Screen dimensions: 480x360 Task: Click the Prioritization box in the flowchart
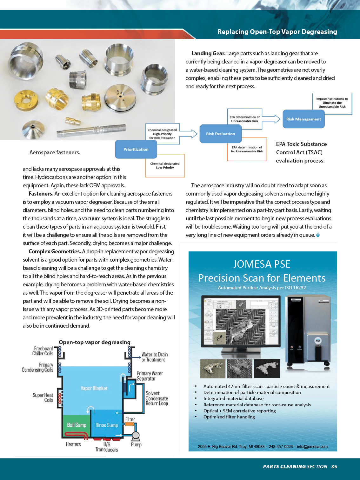(x=136, y=149)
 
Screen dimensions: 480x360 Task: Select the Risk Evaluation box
(x=220, y=134)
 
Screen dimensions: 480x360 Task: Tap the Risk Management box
(x=303, y=119)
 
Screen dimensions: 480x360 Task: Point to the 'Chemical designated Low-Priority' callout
(x=165, y=166)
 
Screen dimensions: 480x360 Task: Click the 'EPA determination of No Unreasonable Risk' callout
(x=247, y=149)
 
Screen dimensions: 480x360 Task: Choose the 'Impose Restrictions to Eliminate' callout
(x=332, y=103)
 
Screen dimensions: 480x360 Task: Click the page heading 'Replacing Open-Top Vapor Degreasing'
(x=277, y=32)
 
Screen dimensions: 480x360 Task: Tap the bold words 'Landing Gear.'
(x=208, y=53)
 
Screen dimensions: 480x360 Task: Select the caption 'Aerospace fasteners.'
(x=55, y=152)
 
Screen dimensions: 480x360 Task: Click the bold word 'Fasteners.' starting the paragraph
(x=41, y=194)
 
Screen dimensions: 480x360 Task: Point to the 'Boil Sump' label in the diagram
(x=77, y=425)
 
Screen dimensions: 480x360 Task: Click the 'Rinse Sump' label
(x=107, y=425)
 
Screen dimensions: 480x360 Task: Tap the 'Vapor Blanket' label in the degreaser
(x=94, y=388)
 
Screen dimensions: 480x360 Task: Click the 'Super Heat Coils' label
(x=43, y=397)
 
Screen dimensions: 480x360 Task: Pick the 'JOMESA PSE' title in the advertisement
(x=262, y=264)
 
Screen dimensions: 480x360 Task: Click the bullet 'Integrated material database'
(x=233, y=398)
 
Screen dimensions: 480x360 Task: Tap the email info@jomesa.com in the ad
(x=312, y=446)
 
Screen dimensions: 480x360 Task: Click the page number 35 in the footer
(x=334, y=466)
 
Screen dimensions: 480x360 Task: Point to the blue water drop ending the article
(x=318, y=235)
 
